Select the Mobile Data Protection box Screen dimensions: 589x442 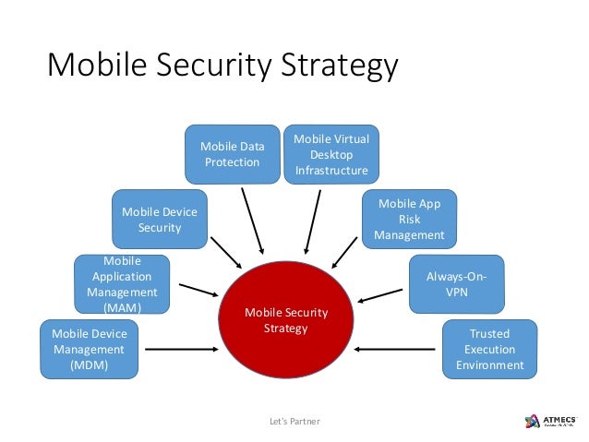[x=231, y=154]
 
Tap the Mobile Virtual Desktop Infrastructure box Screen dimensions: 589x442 [x=331, y=153]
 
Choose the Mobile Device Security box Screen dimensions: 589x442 [x=159, y=220]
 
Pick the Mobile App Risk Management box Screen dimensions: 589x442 [x=409, y=220]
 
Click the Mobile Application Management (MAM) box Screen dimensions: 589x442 [x=122, y=284]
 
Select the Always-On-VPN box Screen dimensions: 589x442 [x=456, y=284]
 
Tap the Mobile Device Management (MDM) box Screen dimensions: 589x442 [x=89, y=349]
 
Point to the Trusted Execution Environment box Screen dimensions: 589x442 [x=489, y=349]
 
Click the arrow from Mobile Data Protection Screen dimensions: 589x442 [x=252, y=221]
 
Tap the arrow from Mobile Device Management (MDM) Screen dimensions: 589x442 [x=181, y=349]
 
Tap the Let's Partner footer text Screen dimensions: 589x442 [x=293, y=422]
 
